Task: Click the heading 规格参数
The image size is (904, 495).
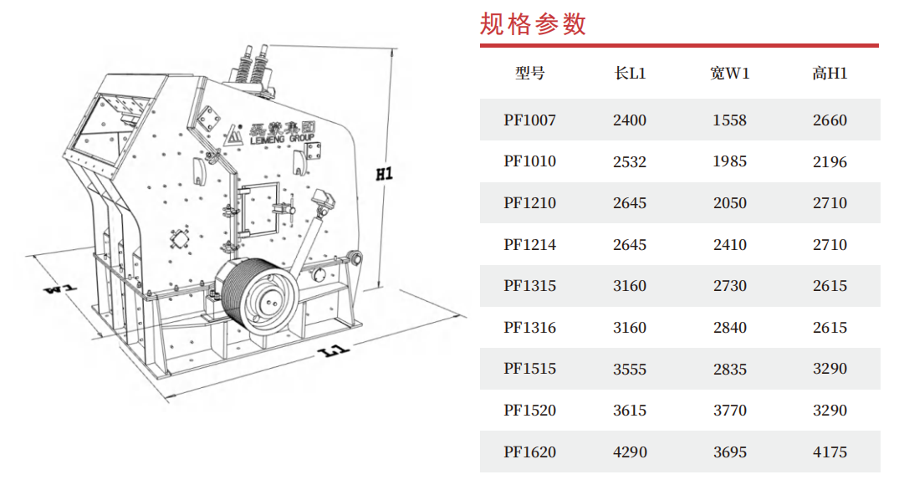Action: (x=533, y=24)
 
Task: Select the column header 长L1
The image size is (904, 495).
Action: (x=630, y=74)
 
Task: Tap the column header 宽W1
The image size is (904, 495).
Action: (x=729, y=74)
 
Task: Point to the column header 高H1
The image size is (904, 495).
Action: (x=830, y=74)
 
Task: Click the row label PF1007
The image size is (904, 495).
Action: (x=530, y=120)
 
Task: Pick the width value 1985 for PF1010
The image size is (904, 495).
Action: (x=729, y=161)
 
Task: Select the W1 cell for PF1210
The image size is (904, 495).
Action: (x=729, y=203)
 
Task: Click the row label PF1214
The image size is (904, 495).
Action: (x=530, y=244)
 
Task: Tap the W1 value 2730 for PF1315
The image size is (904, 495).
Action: (x=729, y=286)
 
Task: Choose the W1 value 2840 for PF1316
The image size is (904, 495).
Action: (x=729, y=327)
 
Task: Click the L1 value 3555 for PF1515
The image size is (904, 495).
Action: (x=630, y=369)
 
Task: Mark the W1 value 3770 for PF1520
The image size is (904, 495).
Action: (x=729, y=411)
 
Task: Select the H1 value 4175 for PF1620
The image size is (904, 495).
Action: (x=830, y=452)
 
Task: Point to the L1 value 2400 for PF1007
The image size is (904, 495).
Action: (x=630, y=120)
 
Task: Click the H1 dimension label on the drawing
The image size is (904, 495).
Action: (x=385, y=174)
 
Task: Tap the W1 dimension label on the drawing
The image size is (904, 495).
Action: (x=60, y=288)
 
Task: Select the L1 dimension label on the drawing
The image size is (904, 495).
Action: (x=334, y=350)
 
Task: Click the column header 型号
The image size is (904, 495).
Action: (x=530, y=74)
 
